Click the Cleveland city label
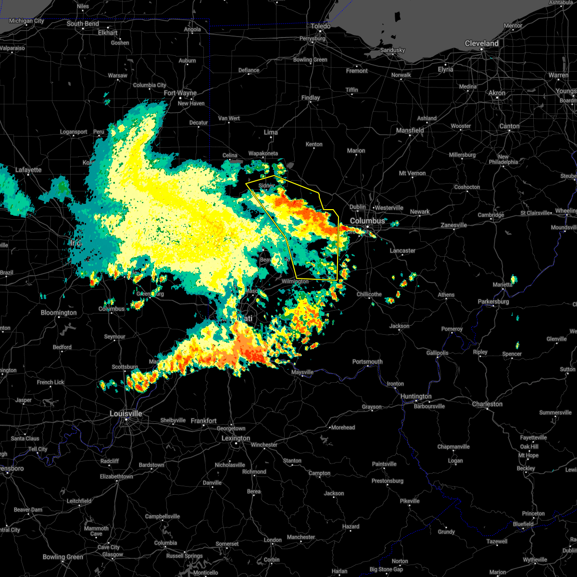coord(481,43)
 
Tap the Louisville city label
coord(125,414)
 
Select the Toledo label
coord(320,26)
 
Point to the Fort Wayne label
coord(180,93)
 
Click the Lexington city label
coord(236,438)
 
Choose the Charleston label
coord(487,404)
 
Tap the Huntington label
coord(415,397)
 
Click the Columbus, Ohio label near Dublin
coord(367,221)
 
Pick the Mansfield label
coord(410,130)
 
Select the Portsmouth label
coord(367,362)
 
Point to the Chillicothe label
coord(369,294)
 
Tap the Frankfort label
coord(203,421)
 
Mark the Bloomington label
coord(59,313)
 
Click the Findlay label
coord(311,98)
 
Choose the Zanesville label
coord(454,225)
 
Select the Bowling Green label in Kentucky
coord(63,557)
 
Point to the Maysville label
coord(302,372)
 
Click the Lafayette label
coord(28,170)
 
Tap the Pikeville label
coord(410,501)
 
